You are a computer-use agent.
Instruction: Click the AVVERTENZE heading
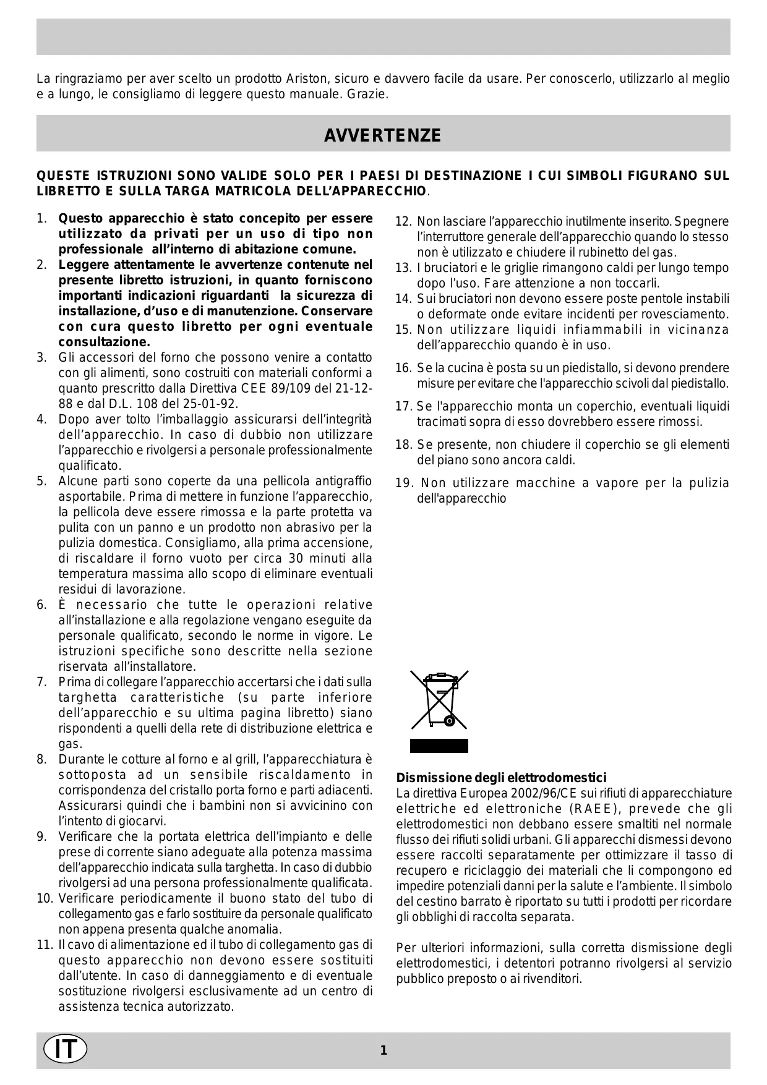[383, 135]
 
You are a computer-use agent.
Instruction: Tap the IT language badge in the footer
[66, 1049]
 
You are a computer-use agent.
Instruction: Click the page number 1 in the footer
[383, 1050]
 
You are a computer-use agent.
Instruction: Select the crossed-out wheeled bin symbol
[439, 699]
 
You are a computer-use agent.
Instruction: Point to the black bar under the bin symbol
[439, 746]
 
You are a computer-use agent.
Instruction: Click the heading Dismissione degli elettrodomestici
[501, 778]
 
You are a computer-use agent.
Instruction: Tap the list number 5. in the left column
[41, 482]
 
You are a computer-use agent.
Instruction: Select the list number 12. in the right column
[403, 222]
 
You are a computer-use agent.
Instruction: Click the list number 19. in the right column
[403, 483]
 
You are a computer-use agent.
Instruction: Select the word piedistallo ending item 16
[698, 383]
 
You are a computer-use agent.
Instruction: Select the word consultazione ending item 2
[104, 343]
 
